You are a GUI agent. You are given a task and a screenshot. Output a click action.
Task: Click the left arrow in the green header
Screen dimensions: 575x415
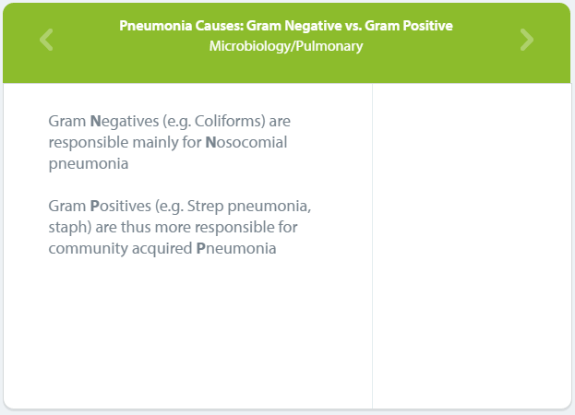pyautogui.click(x=46, y=40)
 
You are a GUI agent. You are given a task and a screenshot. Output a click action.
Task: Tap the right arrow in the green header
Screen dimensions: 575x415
pyautogui.click(x=527, y=40)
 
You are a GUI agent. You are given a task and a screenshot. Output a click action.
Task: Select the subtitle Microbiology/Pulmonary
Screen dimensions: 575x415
pyautogui.click(x=286, y=46)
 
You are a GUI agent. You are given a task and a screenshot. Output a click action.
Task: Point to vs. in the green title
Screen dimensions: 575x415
pyautogui.click(x=353, y=26)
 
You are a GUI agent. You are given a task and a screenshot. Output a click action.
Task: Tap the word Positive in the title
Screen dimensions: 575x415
pyautogui.click(x=427, y=26)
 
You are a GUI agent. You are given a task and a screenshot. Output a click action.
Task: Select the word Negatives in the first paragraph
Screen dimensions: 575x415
pyautogui.click(x=125, y=121)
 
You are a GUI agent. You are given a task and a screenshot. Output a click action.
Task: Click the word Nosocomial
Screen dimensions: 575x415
pyautogui.click(x=246, y=142)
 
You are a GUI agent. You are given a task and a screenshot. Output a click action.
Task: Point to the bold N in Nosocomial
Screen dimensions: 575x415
pyautogui.click(x=210, y=143)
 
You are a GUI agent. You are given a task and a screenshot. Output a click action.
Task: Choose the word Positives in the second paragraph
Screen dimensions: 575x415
pyautogui.click(x=120, y=206)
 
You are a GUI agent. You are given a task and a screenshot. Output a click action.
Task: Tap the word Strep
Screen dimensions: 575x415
pyautogui.click(x=205, y=207)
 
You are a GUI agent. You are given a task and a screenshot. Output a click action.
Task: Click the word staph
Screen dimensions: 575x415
pyautogui.click(x=68, y=228)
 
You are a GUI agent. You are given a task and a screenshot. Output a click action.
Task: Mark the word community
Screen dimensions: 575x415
pyautogui.click(x=88, y=249)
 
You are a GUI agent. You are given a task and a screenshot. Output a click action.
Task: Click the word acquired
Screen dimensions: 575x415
pyautogui.click(x=162, y=249)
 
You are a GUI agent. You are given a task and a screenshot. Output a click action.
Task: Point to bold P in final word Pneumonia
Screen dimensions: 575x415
pyautogui.click(x=200, y=248)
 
